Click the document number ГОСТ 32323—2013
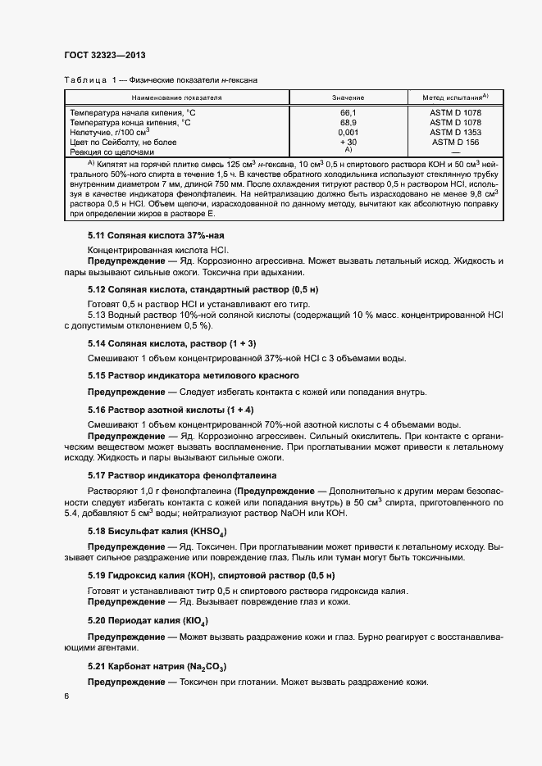coord(105,56)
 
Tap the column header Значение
coord(348,97)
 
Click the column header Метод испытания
coord(454,97)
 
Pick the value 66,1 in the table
coord(348,111)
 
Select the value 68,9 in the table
coord(348,122)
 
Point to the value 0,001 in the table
coord(348,132)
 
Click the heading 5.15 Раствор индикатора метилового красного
coord(193,375)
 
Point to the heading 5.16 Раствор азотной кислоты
coord(171,408)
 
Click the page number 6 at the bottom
coord(66,696)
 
